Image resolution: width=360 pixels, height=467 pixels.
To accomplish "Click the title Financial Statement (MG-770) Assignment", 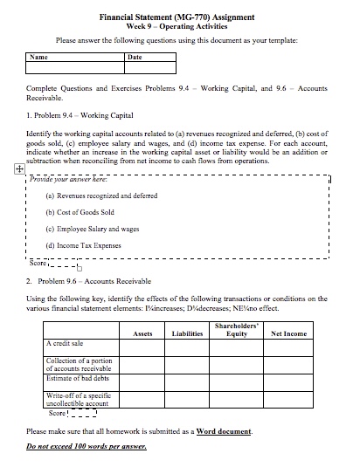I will (x=180, y=17).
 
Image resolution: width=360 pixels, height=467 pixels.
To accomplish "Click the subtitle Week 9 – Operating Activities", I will (x=180, y=27).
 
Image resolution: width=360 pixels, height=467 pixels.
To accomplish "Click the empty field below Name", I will (x=75, y=67).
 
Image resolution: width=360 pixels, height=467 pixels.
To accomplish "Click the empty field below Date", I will (x=149, y=67).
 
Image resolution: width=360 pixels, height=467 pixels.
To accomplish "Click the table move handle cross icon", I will (x=19, y=170).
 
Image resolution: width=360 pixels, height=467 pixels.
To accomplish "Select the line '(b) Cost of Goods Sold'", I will (x=80, y=212).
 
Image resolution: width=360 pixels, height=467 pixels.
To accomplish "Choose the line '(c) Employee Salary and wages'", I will (x=92, y=229).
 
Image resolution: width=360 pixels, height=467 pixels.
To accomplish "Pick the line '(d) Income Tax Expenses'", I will (x=83, y=245).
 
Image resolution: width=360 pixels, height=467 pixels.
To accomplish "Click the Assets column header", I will (x=142, y=333).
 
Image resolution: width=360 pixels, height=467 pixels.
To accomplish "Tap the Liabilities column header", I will (x=187, y=333).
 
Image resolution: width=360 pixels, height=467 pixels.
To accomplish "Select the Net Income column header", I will (x=289, y=333).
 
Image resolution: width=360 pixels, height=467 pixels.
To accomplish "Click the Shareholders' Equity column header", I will (x=236, y=330).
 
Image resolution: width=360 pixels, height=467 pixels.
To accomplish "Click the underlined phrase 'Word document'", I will (x=224, y=431).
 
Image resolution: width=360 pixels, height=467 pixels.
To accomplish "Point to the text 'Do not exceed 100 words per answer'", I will (x=87, y=447).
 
